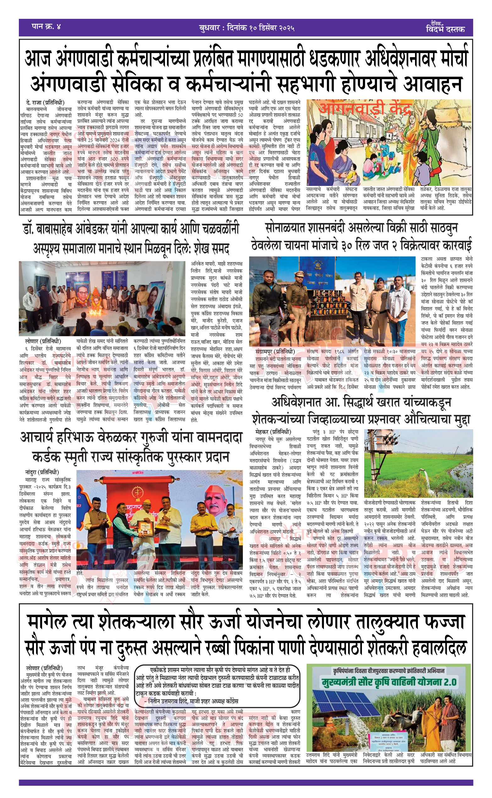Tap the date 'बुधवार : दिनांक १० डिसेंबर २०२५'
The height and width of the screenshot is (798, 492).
pyautogui.click(x=247, y=28)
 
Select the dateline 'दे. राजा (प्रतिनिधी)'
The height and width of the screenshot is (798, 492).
pyautogui.click(x=45, y=103)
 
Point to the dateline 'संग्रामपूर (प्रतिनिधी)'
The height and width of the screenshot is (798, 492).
pyautogui.click(x=275, y=351)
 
